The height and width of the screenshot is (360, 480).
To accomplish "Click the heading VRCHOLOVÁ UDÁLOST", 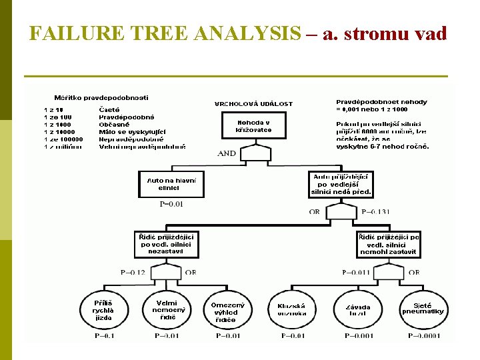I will pos(253,104).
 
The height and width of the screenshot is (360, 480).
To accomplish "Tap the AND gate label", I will pos(227,153).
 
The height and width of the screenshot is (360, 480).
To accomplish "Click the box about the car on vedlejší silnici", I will pos(341,184).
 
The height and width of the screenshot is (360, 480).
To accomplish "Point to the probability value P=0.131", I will pos(375,212).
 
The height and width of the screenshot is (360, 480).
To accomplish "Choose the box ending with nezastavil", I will pos(168,244).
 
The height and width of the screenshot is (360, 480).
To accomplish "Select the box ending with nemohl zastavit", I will pos(388,244).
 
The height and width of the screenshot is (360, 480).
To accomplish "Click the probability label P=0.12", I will pos(133,272).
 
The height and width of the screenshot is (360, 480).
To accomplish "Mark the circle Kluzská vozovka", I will pos(291,309).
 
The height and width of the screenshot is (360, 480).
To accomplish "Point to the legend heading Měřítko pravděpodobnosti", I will pos(97,98).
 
